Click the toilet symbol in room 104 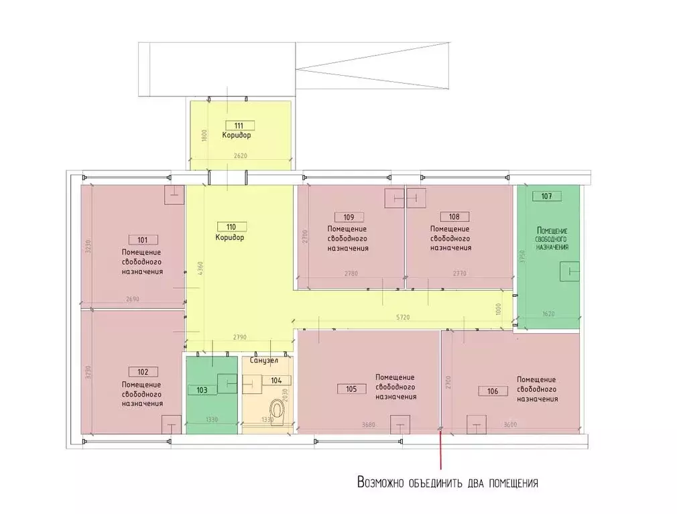pyautogui.click(x=277, y=411)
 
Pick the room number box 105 pyautogui.click(x=355, y=389)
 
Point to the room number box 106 pyautogui.click(x=493, y=390)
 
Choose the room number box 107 pyautogui.click(x=546, y=196)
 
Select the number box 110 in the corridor pyautogui.click(x=232, y=227)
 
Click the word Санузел pyautogui.click(x=263, y=361)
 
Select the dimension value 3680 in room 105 pyautogui.click(x=367, y=424)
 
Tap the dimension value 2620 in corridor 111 pyautogui.click(x=241, y=156)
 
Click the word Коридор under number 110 pyautogui.click(x=229, y=237)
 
